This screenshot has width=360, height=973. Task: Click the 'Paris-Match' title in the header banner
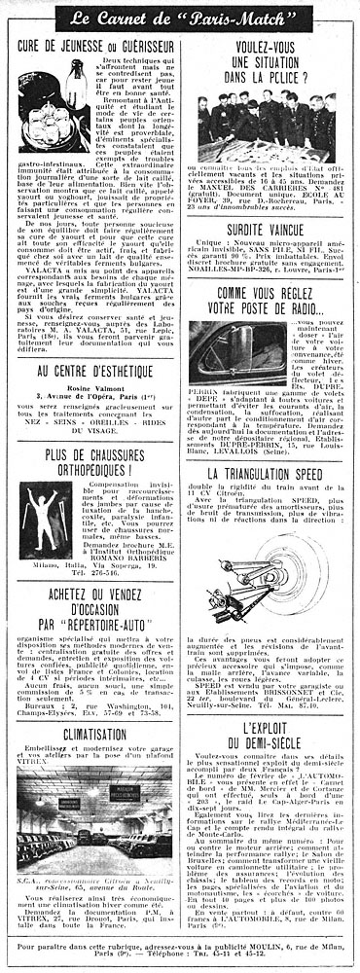pyautogui.click(x=242, y=18)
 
